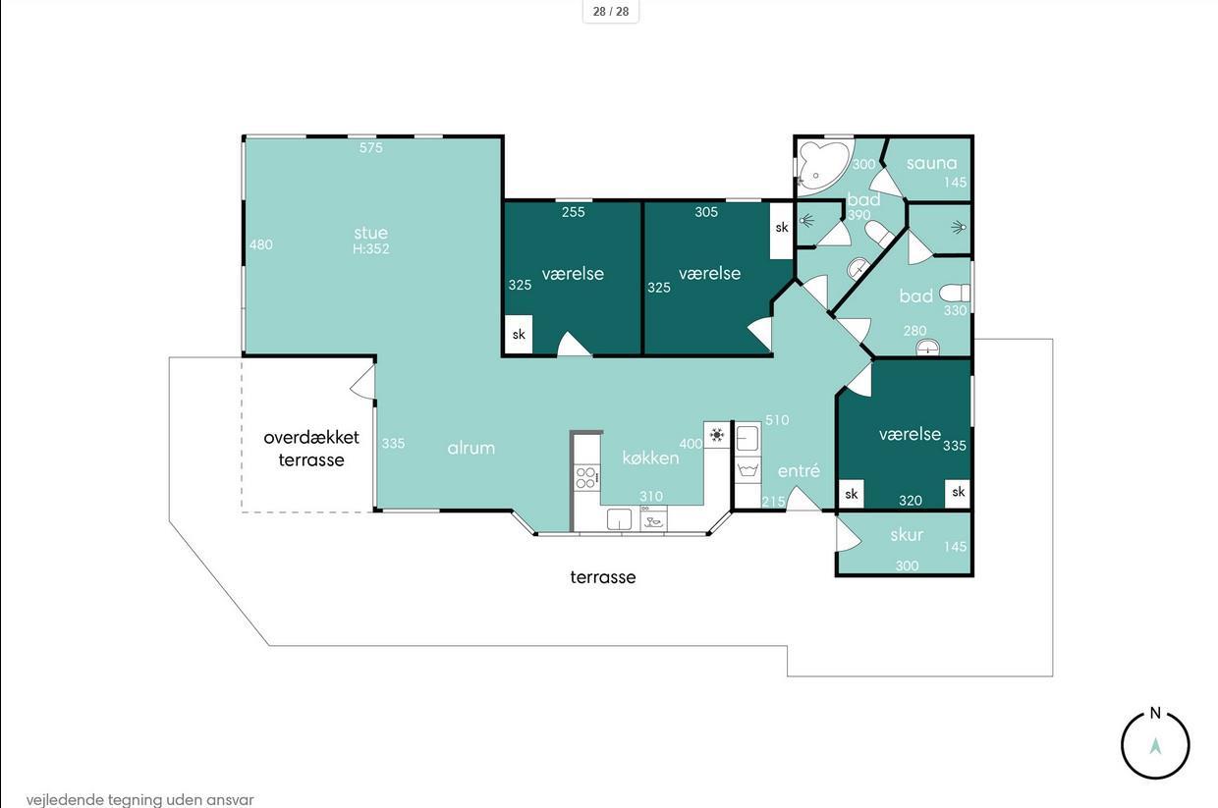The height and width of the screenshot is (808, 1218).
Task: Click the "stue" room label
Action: [371, 233]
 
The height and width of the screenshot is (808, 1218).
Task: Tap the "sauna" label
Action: [931, 163]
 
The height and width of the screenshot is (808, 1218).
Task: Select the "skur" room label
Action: [907, 535]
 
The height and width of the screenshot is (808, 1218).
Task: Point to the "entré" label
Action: [799, 470]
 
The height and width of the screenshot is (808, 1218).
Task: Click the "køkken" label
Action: [650, 458]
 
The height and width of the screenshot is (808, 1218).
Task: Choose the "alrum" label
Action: [471, 448]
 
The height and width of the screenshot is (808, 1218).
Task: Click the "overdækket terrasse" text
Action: [311, 449]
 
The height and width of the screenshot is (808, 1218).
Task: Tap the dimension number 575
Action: [371, 147]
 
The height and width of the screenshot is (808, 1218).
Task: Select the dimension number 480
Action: [261, 244]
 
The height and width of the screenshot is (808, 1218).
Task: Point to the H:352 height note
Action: [371, 248]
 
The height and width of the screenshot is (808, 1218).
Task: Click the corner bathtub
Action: [822, 165]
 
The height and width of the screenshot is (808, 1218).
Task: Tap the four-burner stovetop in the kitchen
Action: [586, 477]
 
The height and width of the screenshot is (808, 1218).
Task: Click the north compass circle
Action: [1155, 745]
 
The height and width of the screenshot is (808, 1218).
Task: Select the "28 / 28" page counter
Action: [611, 12]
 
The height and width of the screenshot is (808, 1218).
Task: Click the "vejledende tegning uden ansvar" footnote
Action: [139, 800]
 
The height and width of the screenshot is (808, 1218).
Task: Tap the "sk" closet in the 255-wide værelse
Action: [519, 334]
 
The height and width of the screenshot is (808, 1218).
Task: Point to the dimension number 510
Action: [777, 419]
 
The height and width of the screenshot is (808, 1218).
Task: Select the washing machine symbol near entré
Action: [748, 470]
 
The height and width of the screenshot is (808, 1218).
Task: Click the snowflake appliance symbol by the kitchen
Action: [717, 435]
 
